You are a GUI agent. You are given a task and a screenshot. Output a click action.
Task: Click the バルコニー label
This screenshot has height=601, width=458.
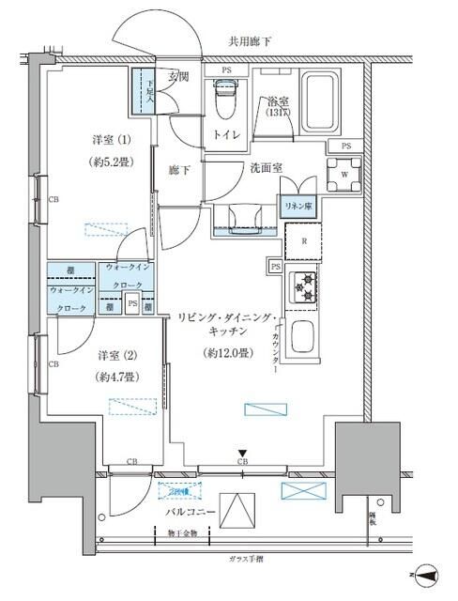pyautogui.click(x=191, y=512)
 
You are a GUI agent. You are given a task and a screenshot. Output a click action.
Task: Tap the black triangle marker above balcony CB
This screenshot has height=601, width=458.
pyautogui.click(x=241, y=452)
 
